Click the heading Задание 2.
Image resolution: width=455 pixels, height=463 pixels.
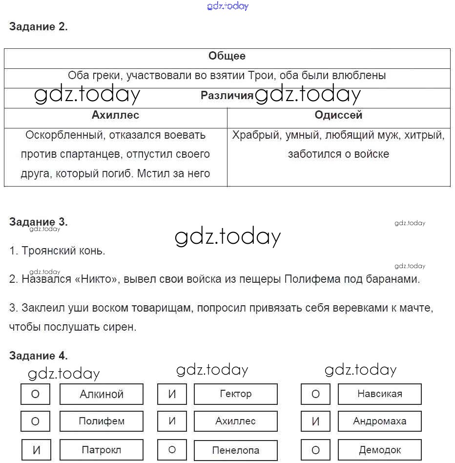point(38,27)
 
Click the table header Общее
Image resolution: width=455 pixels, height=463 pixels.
point(227,56)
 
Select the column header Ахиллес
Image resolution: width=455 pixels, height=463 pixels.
point(115,115)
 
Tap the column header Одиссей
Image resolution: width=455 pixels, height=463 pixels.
point(338,115)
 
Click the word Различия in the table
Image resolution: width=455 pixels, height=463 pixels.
point(227,96)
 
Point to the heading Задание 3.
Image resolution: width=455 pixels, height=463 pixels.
point(38,222)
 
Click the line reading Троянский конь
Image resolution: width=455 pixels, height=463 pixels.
point(57,251)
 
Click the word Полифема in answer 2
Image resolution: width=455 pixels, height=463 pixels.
point(309,279)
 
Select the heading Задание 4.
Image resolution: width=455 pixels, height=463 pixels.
point(38,356)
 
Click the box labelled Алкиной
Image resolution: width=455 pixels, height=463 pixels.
point(102,394)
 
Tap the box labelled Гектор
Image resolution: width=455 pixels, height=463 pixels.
point(236,394)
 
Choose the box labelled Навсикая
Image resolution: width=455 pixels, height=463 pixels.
point(379,394)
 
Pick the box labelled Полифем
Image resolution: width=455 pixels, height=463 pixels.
point(102,421)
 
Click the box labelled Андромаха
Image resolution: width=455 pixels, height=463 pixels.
point(379,421)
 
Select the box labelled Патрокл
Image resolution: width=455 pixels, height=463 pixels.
point(102,450)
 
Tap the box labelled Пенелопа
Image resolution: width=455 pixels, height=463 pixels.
point(236,450)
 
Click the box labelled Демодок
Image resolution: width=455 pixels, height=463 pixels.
point(379,450)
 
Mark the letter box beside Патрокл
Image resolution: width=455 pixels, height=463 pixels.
point(36,450)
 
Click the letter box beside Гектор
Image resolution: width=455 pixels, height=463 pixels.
point(172,394)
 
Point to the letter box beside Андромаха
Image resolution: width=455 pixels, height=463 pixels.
point(315,421)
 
